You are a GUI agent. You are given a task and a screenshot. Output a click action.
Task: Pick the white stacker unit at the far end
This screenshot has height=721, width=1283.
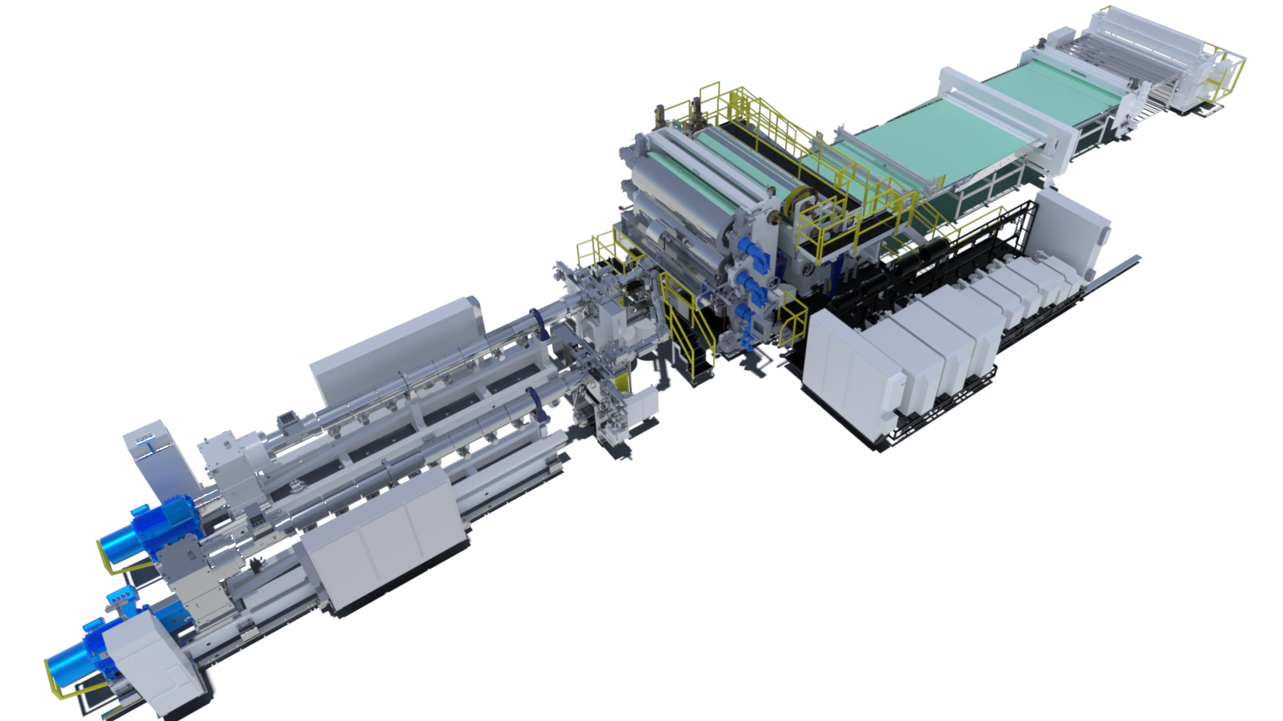pyautogui.click(x=1151, y=54)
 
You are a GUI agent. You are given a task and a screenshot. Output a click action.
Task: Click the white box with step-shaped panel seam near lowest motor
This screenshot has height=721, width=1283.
pyautogui.click(x=148, y=660)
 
